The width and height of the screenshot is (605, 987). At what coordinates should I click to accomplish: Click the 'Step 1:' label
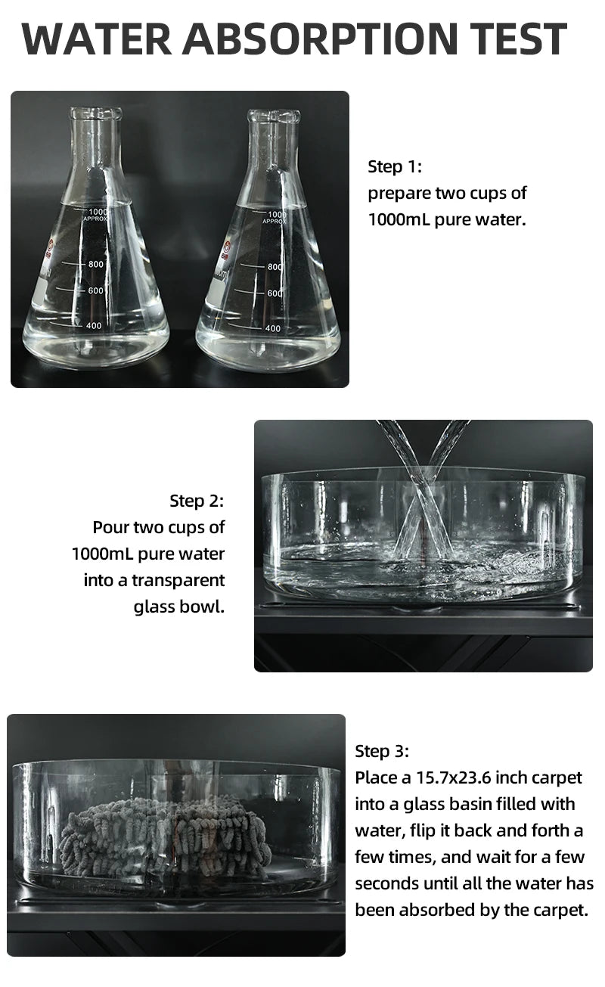click(394, 166)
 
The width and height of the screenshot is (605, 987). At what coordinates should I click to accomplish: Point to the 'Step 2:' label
click(197, 501)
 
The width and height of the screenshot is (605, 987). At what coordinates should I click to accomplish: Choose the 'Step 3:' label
click(382, 751)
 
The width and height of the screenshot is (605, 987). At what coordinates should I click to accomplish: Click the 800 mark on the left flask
click(95, 265)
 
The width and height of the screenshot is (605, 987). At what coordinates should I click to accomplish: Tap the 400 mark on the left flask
click(94, 326)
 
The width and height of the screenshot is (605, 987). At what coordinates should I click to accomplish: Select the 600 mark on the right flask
click(275, 293)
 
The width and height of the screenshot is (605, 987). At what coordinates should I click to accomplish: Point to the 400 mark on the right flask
click(273, 328)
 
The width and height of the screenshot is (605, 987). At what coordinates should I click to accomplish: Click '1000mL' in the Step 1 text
click(399, 219)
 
